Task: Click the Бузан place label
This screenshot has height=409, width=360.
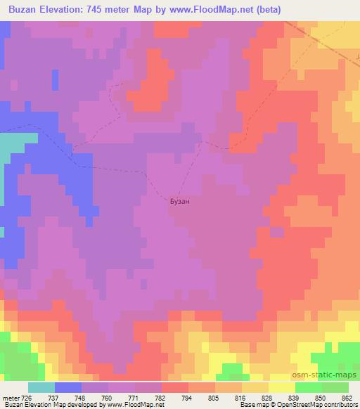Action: pos(180,201)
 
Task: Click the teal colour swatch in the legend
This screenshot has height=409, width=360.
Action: pos(41,387)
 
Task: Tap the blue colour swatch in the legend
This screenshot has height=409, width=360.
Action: pos(67,387)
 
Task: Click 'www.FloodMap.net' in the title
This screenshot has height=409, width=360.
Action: pos(209,9)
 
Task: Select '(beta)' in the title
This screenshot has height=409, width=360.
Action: pos(269,9)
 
